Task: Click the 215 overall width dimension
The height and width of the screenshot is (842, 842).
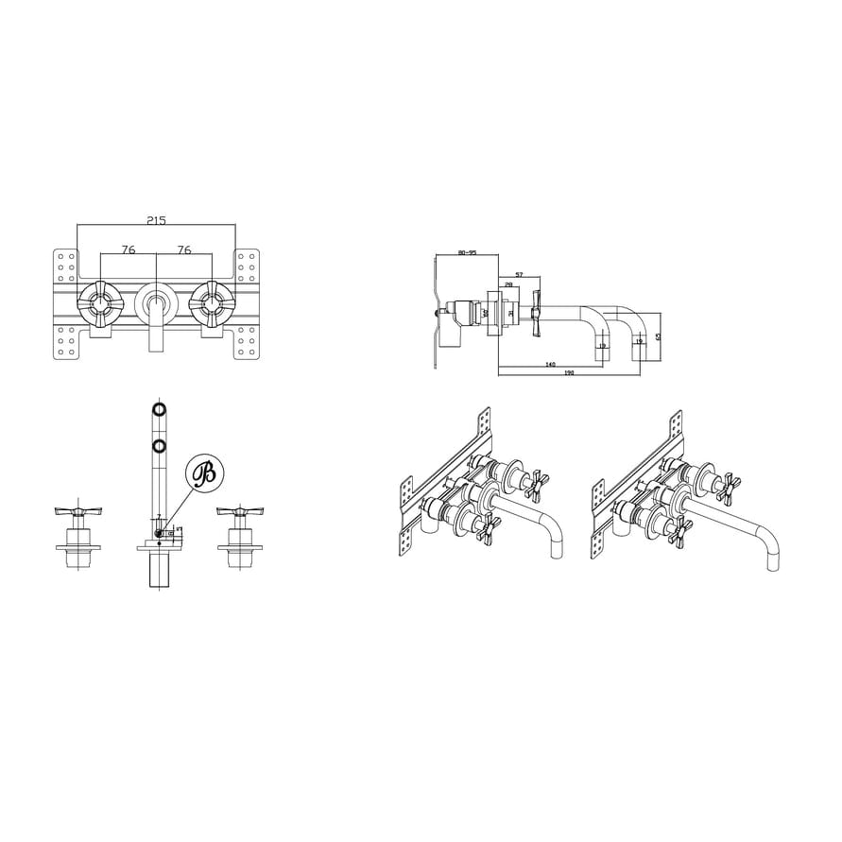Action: (156, 220)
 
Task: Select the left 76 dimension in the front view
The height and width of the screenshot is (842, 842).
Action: (129, 250)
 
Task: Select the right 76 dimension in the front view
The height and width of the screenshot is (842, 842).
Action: (184, 250)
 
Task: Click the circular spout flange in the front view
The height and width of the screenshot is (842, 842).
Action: (156, 304)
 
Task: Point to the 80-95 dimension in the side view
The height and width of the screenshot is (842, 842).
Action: (466, 252)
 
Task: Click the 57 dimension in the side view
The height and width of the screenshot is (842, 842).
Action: (519, 275)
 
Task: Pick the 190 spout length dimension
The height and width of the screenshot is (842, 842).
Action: (570, 373)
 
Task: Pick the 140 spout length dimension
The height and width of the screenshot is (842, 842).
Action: (549, 364)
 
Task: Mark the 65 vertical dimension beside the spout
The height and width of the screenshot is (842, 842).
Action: (659, 335)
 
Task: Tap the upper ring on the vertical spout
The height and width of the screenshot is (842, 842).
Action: (159, 409)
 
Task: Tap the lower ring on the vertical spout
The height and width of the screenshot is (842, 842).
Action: (159, 444)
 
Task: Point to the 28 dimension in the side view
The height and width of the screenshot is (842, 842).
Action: (508, 284)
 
